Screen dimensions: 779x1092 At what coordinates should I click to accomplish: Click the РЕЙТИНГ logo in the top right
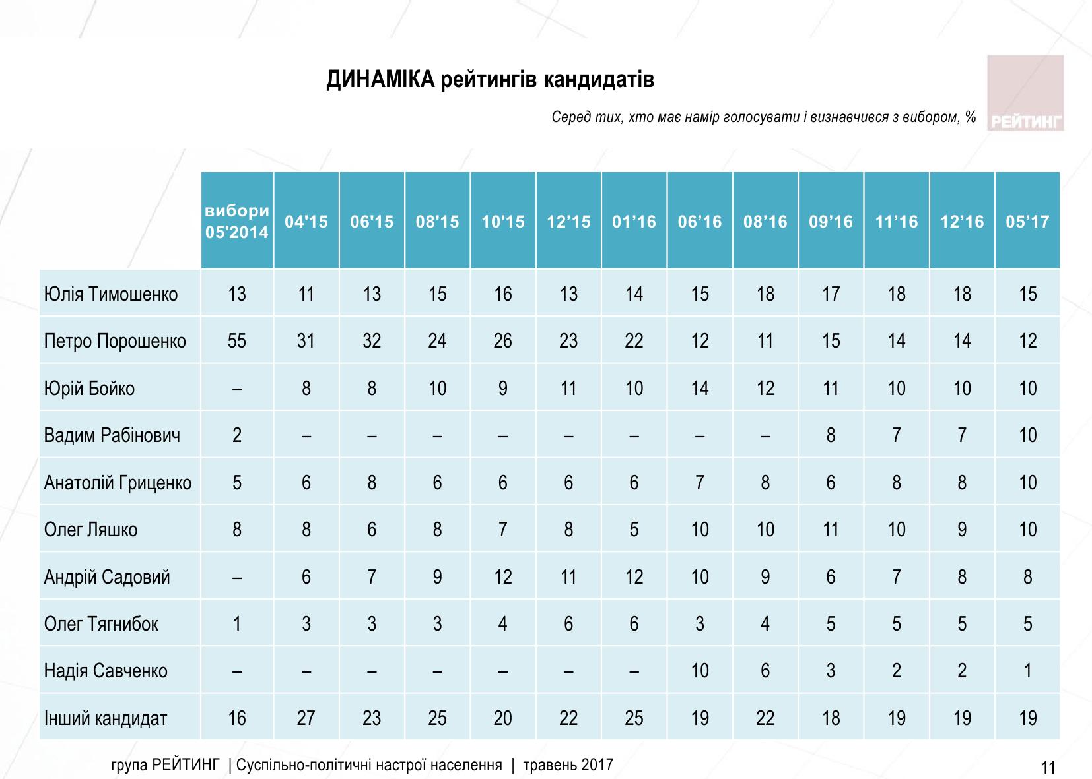pos(1025,94)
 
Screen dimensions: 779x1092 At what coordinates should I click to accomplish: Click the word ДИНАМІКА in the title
pos(380,80)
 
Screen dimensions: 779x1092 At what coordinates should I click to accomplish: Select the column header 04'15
pos(306,222)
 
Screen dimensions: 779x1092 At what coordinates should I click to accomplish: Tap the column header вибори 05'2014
pos(237,222)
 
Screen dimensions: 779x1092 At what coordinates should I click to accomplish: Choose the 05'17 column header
pos(1027,222)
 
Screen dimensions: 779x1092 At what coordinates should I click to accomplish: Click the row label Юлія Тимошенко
pos(111,294)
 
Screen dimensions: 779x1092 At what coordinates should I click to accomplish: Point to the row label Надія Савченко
pos(106,671)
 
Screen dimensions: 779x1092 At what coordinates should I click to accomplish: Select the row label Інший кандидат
pos(106,718)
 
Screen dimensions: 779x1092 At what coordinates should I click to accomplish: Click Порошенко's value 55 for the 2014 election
pos(237,341)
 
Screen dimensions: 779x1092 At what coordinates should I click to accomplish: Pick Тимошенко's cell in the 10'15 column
pos(503,294)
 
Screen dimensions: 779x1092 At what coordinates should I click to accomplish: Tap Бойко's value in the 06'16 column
pos(700,388)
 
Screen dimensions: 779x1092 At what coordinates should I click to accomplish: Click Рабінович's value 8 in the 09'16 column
pos(831,435)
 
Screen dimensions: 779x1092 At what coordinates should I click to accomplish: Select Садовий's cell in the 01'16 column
pos(634,577)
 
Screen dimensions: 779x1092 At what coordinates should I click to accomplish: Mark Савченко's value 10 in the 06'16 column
pos(700,671)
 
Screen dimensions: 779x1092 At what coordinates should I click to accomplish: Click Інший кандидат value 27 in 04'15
pos(306,718)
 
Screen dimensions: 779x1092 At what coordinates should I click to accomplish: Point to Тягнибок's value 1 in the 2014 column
pos(237,624)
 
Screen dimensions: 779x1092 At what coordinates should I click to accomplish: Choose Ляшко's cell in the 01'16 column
pos(634,530)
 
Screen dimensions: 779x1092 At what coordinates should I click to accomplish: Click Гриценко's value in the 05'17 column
pos(1027,483)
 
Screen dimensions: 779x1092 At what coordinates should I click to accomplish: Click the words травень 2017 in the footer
pos(568,765)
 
